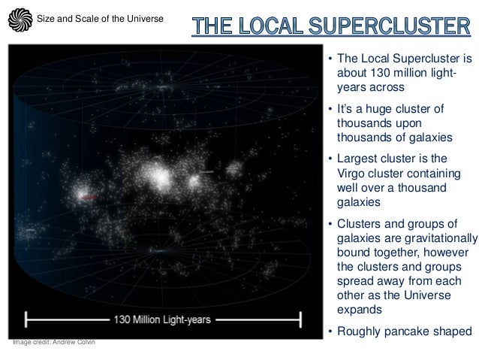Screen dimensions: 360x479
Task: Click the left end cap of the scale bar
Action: (x=27, y=319)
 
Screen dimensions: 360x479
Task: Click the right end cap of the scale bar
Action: (x=301, y=319)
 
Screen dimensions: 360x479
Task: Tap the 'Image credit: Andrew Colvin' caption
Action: (x=53, y=343)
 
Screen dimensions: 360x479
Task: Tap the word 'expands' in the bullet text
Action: (x=358, y=310)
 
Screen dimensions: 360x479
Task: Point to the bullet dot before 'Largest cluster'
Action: (x=330, y=159)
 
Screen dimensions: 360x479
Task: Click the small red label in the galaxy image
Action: (x=89, y=197)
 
